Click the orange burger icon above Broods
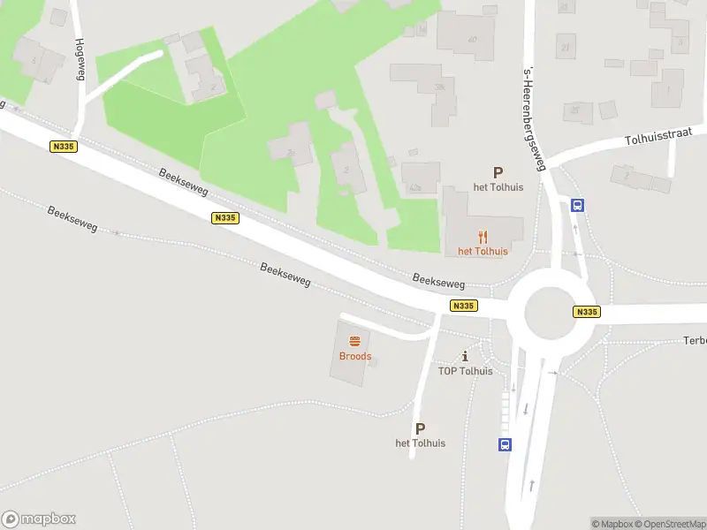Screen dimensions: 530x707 click(355, 341)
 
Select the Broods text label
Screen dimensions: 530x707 click(355, 356)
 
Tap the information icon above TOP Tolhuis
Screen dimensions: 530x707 click(465, 356)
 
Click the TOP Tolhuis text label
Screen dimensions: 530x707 click(465, 371)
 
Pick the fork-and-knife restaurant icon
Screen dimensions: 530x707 click(483, 237)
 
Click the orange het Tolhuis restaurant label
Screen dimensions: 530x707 click(483, 251)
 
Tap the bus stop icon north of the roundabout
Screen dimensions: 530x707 click(577, 205)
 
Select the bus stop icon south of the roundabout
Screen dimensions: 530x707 click(505, 445)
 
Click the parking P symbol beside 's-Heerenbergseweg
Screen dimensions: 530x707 click(498, 173)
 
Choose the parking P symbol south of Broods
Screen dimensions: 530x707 click(420, 428)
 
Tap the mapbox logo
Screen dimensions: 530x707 click(39, 519)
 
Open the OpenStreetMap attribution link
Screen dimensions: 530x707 click(669, 524)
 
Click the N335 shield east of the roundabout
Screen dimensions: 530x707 click(586, 312)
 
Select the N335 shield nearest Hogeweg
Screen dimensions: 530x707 click(62, 148)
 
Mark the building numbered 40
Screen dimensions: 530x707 click(472, 40)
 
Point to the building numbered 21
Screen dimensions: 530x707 click(565, 47)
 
